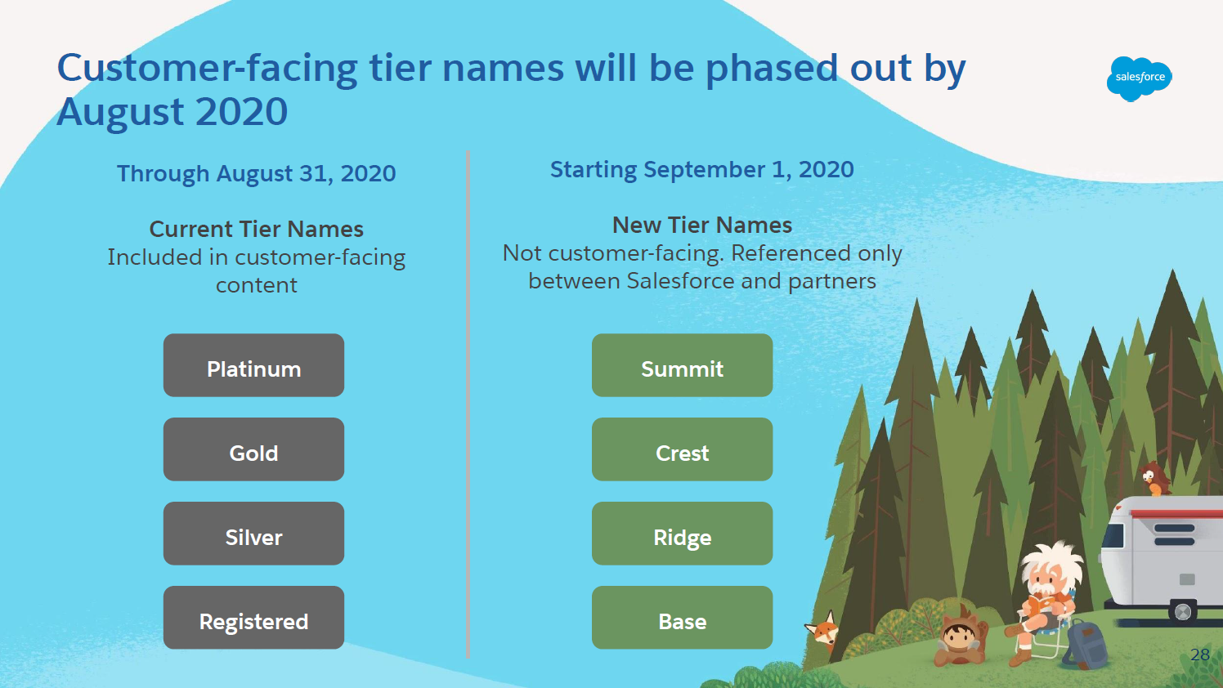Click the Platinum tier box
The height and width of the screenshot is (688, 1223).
(254, 365)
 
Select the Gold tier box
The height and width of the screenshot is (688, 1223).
(254, 449)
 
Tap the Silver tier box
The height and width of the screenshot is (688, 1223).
(254, 533)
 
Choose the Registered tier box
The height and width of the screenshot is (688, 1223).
(254, 617)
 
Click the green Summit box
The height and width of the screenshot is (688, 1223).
(683, 365)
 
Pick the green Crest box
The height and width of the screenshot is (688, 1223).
(683, 449)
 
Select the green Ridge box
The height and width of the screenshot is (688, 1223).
(683, 533)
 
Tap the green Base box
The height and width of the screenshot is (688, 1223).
(683, 617)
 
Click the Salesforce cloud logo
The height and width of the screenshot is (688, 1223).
(1140, 78)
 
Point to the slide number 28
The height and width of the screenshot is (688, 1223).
(1200, 654)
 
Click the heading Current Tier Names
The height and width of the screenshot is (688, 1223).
(256, 229)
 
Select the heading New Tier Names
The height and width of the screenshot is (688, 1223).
(702, 225)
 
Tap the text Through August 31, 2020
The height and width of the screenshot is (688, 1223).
(256, 173)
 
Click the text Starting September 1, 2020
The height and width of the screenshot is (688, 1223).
(702, 170)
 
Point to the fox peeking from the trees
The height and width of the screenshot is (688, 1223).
(822, 630)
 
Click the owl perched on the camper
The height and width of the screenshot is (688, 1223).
(1154, 479)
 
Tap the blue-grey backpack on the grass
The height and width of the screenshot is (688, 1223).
(1086, 645)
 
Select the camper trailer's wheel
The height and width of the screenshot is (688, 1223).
(1183, 612)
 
